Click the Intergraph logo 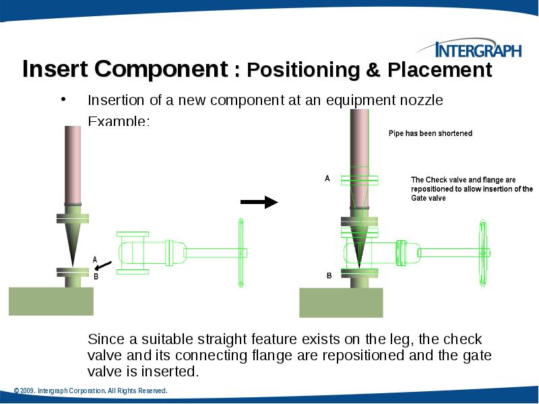tap(476, 49)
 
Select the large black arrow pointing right tap(259, 202)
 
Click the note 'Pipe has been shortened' tap(431, 133)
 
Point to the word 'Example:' tap(119, 121)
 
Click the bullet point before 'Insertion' tap(63, 100)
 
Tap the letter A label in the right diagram tap(327, 179)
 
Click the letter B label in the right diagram tap(329, 276)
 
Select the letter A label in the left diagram tap(95, 259)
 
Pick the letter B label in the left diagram tap(95, 276)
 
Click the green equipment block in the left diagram tap(51, 301)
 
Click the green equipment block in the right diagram tap(341, 302)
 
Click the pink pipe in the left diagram tap(73, 162)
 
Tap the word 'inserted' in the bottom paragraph tap(172, 371)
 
